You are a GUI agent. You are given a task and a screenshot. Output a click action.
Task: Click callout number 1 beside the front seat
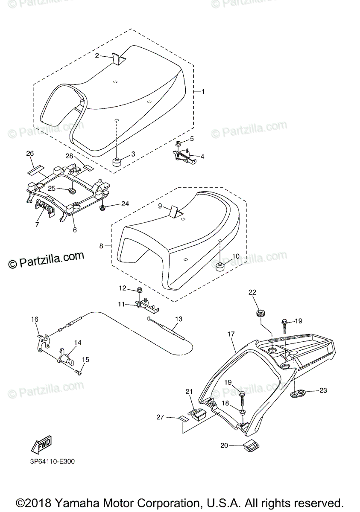203,92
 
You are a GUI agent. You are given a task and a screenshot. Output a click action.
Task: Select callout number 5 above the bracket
192,139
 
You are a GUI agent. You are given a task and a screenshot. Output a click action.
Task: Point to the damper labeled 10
220,268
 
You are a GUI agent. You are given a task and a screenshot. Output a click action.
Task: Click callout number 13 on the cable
179,319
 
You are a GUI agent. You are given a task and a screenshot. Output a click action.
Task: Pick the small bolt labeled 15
78,372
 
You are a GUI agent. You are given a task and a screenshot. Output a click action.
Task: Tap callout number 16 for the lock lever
35,319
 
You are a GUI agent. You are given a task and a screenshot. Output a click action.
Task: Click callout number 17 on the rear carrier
231,335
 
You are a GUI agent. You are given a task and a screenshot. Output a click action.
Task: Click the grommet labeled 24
103,208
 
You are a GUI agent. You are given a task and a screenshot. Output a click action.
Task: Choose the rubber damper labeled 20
251,447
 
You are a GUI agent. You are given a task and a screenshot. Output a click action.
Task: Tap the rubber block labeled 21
197,414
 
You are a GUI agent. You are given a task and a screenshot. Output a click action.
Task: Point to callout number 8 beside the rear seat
101,246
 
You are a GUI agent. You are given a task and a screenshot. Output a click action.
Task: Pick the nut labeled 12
140,291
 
